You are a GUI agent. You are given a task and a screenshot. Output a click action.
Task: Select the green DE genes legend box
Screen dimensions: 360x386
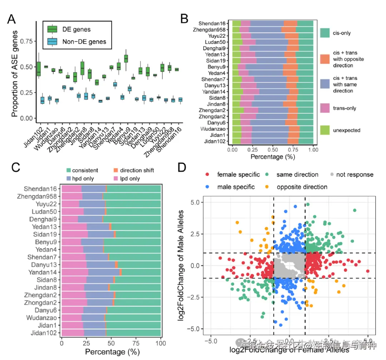(53, 29)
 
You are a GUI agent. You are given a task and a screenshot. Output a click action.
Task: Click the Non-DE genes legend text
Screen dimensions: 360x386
(84, 42)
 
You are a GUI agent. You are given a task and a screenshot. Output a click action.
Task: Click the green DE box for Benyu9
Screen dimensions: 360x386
(126, 59)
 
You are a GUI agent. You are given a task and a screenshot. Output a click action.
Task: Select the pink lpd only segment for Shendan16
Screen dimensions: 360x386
(71, 189)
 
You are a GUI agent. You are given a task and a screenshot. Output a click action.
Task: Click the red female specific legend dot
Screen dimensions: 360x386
(207, 174)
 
